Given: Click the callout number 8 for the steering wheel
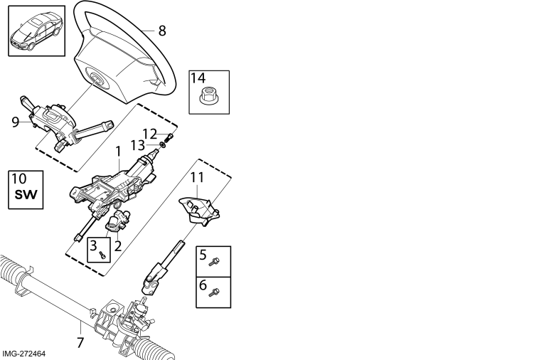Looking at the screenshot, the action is (162, 31).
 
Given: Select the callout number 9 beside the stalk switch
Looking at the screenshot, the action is (15, 122).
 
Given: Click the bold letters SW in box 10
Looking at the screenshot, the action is (26, 195).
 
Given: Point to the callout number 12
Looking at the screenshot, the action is (149, 134).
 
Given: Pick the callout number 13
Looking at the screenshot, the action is (138, 145).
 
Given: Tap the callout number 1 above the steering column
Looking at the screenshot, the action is (118, 152).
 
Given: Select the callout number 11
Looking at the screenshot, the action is (197, 177).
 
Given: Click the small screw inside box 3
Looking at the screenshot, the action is (102, 255).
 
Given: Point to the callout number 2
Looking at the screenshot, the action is (118, 246).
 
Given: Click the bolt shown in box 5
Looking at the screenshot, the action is (214, 262).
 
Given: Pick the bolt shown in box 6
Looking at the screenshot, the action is (214, 292).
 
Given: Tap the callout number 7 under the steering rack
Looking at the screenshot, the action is (80, 343).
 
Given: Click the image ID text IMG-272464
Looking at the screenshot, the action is (23, 354).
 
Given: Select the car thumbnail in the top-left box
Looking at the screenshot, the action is (36, 31).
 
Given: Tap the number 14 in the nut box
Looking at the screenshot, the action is (198, 78).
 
